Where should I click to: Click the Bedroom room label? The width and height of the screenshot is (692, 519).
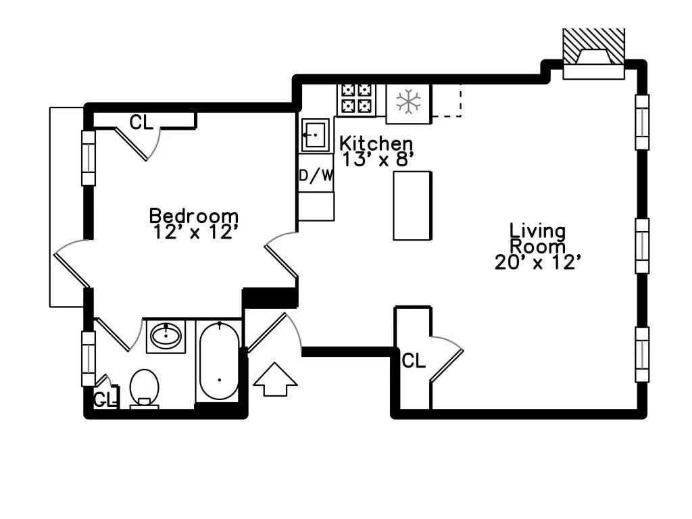(194, 216)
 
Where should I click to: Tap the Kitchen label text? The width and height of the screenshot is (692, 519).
(376, 143)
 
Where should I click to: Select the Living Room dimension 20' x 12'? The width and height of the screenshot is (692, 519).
(537, 262)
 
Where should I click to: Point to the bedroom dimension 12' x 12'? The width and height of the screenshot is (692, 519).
(195, 232)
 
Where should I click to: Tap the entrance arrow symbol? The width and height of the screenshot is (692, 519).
(275, 380)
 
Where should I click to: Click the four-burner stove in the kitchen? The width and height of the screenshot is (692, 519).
(357, 99)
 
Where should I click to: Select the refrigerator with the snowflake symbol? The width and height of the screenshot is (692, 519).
(408, 103)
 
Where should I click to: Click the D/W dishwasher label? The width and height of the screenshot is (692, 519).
(316, 176)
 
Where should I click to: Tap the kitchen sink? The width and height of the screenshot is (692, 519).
(315, 134)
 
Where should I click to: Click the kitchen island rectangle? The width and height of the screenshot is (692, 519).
(412, 205)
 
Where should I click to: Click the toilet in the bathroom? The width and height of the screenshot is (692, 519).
(145, 389)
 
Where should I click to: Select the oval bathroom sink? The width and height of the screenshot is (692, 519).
(166, 336)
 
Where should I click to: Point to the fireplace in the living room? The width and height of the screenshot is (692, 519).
(593, 54)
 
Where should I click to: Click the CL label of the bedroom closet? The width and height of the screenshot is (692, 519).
(141, 122)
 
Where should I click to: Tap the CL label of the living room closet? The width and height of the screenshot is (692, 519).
(414, 361)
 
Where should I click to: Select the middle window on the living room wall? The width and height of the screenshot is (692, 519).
(642, 246)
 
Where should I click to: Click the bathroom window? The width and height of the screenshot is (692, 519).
(89, 358)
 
